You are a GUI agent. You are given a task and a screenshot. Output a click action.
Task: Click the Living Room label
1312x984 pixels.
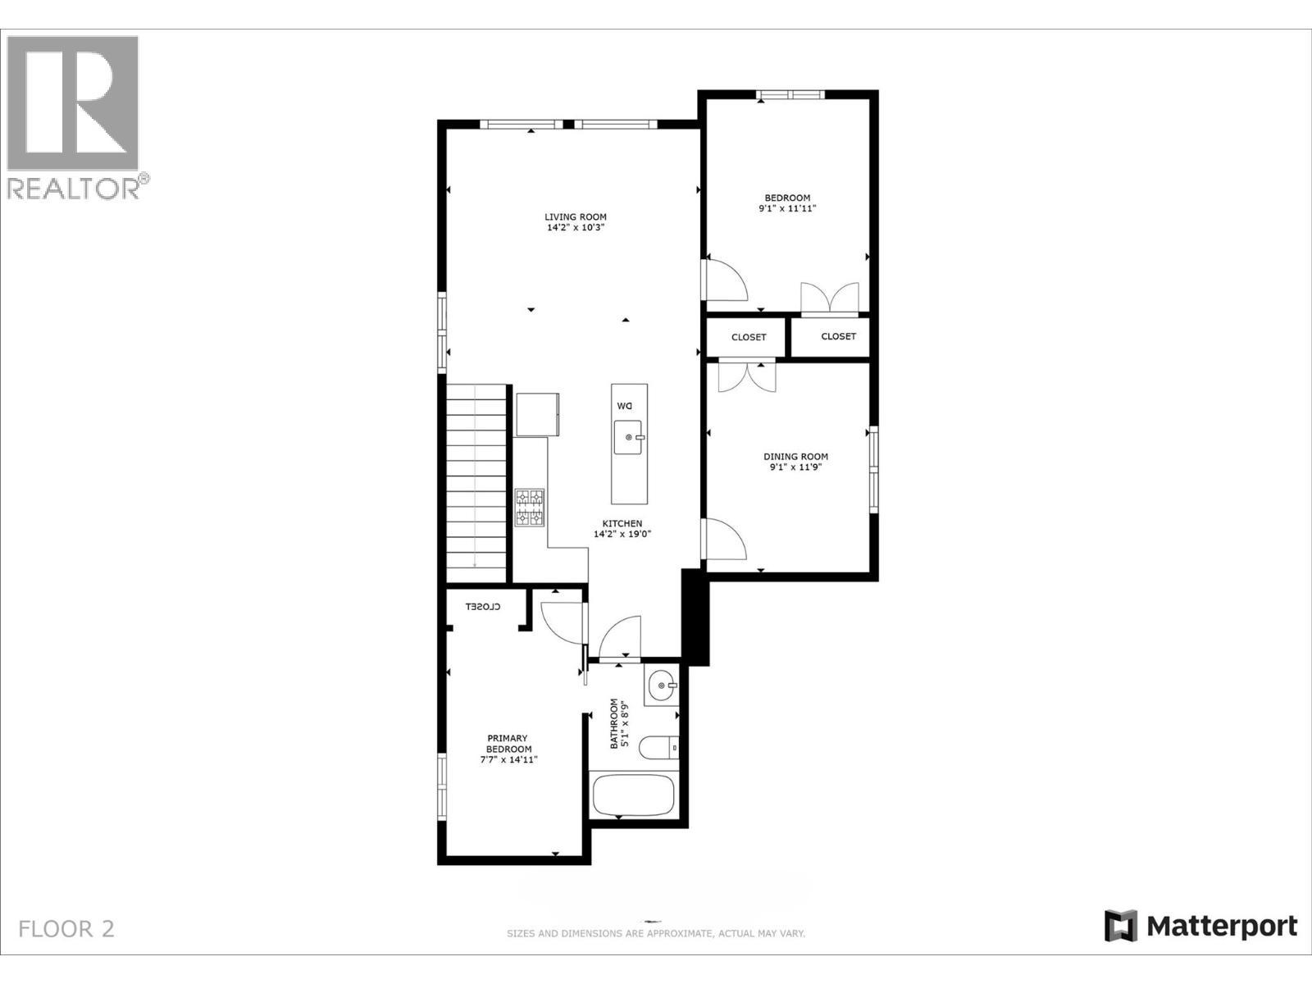576,217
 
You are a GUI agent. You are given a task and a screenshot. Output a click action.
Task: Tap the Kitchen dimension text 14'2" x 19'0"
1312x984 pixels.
622,535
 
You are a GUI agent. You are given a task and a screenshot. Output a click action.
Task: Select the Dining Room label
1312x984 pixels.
795,457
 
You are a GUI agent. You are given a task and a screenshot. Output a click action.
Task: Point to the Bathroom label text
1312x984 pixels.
614,723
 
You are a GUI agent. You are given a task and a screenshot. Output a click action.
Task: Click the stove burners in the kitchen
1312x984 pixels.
530,507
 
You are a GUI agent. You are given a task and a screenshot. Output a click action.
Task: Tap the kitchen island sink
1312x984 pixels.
629,438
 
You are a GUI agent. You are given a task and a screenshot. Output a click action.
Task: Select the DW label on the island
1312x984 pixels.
626,407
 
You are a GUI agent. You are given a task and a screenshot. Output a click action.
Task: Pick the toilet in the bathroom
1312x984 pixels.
660,747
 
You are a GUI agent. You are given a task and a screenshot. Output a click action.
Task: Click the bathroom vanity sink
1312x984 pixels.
661,686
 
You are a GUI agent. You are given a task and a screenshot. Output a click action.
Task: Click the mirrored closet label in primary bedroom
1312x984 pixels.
483,607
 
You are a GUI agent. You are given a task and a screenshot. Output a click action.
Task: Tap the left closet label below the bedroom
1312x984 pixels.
749,337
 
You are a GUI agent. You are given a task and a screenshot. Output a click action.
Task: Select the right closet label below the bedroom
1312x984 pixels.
838,336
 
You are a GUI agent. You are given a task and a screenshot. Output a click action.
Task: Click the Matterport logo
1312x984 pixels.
1200,927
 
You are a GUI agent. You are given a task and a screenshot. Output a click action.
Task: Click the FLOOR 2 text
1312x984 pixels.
66,929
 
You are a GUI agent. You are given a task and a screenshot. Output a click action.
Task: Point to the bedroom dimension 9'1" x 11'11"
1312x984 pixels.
787,209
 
